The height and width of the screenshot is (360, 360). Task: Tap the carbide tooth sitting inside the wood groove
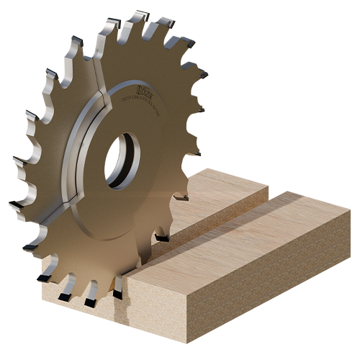[161, 237]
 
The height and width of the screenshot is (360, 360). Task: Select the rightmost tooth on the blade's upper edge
[204, 73]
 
